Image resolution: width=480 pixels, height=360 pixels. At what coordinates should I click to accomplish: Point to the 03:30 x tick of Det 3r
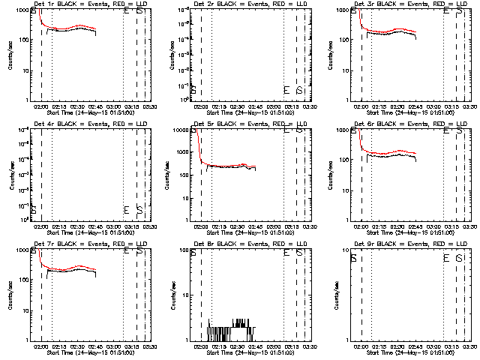pos(469,106)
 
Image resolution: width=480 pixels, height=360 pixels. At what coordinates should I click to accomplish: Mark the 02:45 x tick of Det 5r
pos(254,226)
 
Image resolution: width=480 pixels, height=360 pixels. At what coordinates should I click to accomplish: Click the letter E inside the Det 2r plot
pos(286,91)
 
